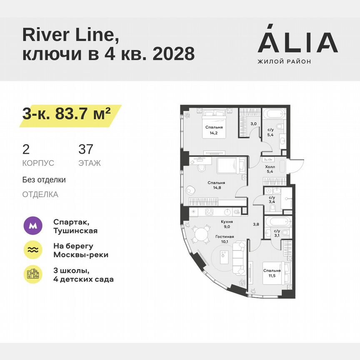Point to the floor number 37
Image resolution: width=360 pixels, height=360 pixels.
coord(86,149)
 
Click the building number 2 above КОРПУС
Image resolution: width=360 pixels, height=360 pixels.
coord(26,149)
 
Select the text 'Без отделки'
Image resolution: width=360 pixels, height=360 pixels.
coord(44,180)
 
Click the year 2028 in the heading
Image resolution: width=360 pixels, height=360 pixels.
coord(174,53)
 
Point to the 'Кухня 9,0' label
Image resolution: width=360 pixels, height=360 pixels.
coord(227,225)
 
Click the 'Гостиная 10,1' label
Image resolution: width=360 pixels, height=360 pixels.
coord(224,239)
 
